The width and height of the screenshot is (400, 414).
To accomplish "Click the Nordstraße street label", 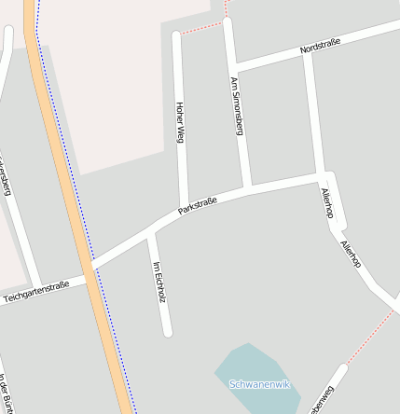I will tap(320, 45).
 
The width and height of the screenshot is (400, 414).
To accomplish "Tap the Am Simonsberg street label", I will tap(236, 107).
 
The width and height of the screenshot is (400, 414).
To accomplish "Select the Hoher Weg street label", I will tap(180, 121).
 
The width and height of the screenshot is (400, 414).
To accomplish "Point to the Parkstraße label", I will tap(198, 206).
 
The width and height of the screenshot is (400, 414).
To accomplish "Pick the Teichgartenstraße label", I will tap(36, 291).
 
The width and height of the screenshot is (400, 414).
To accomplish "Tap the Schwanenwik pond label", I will tap(260, 384).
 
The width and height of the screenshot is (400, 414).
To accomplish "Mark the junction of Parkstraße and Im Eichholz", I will tap(148, 231).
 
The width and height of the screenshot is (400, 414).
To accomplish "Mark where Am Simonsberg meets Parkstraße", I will tap(247, 189).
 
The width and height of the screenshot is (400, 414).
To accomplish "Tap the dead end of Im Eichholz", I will tap(168, 330).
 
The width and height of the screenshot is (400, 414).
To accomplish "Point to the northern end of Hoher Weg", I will tap(176, 37).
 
